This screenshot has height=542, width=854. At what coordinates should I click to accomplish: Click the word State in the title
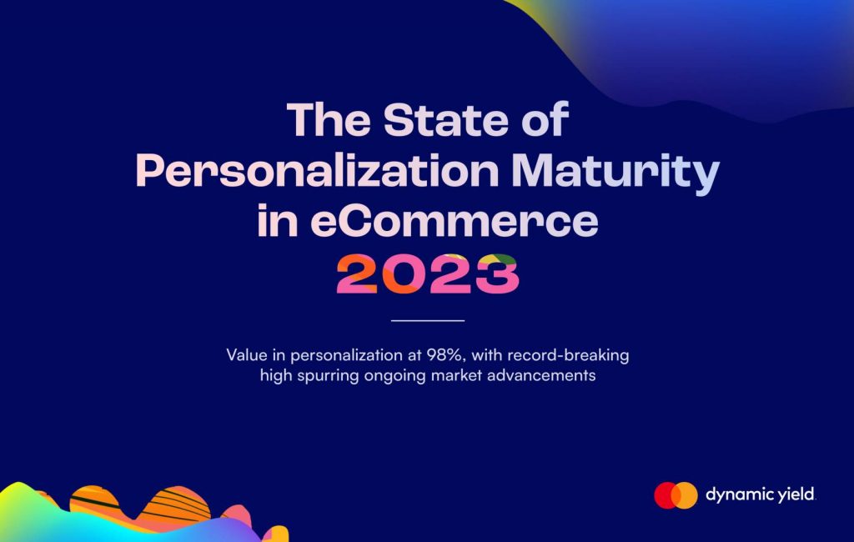445,119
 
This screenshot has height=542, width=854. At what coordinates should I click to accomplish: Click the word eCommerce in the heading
455,221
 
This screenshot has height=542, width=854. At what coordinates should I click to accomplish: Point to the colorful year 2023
428,274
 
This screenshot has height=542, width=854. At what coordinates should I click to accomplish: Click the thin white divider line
428,321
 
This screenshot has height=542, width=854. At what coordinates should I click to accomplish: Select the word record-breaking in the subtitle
568,355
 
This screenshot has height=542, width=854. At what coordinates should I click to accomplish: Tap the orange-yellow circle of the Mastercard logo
686,495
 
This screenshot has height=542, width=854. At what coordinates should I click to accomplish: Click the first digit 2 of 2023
357,274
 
